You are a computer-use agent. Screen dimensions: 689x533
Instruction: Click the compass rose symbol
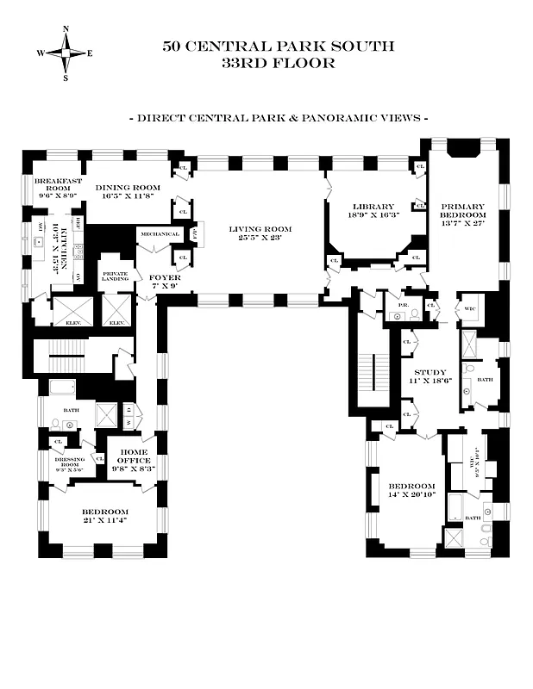[66, 53]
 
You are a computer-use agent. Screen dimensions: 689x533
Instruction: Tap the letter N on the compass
[66, 28]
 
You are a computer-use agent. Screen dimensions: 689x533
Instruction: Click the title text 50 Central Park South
[278, 47]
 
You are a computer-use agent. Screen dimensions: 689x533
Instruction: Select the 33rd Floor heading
[278, 63]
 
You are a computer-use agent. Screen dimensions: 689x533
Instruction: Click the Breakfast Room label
[51, 187]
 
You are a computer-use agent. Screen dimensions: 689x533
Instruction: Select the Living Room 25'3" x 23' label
[260, 233]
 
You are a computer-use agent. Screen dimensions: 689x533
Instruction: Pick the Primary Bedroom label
[463, 212]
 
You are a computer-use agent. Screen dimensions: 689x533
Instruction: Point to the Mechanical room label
[160, 234]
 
